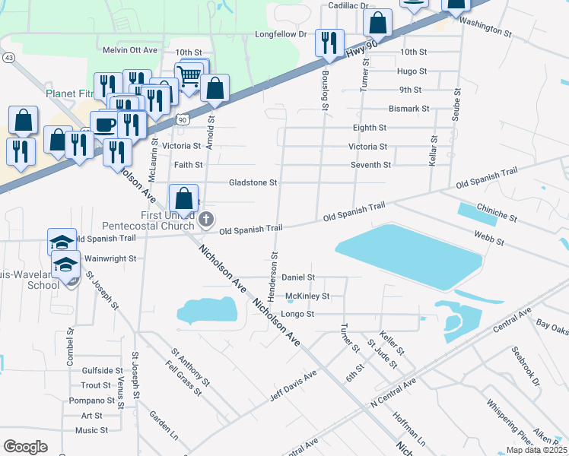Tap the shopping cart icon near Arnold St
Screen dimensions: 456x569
[x=188, y=75]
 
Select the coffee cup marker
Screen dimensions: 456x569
[x=104, y=123]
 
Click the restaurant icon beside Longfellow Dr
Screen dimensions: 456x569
[x=329, y=42]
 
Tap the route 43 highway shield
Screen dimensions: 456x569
[x=8, y=58]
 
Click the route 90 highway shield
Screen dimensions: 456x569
[x=181, y=119]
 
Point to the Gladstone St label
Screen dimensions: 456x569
[x=253, y=182]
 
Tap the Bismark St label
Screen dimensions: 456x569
[x=408, y=109]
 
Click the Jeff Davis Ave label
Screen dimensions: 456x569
[x=293, y=387]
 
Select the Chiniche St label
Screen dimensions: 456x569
[x=497, y=212]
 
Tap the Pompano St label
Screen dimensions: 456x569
[x=92, y=401]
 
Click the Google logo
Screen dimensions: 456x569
[x=25, y=446]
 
